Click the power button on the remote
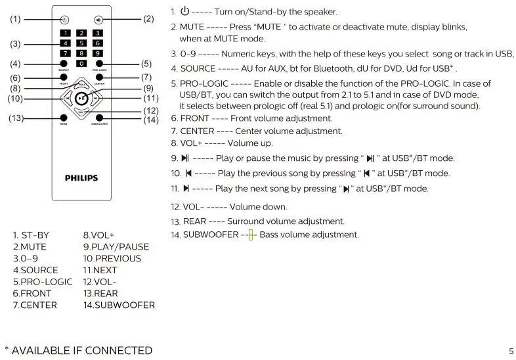pos(64,20)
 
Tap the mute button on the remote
pos(97,20)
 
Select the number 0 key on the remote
pos(81,63)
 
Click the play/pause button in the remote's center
pos(81,99)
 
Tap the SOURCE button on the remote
pos(64,64)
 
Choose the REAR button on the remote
pos(64,118)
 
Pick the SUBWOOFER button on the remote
pos(98,118)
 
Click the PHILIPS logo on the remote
pos(81,177)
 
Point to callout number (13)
pos(16,118)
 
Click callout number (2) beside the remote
pos(148,19)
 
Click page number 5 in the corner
pos(510,351)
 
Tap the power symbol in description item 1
pos(184,11)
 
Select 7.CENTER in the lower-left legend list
pos(35,305)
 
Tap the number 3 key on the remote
pos(97,33)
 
